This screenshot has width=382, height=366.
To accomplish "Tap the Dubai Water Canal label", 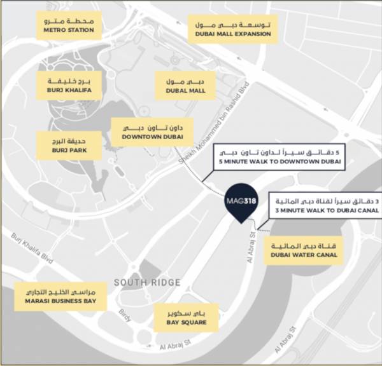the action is tap(304, 250).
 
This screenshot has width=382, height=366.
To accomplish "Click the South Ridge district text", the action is tap(147, 282).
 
